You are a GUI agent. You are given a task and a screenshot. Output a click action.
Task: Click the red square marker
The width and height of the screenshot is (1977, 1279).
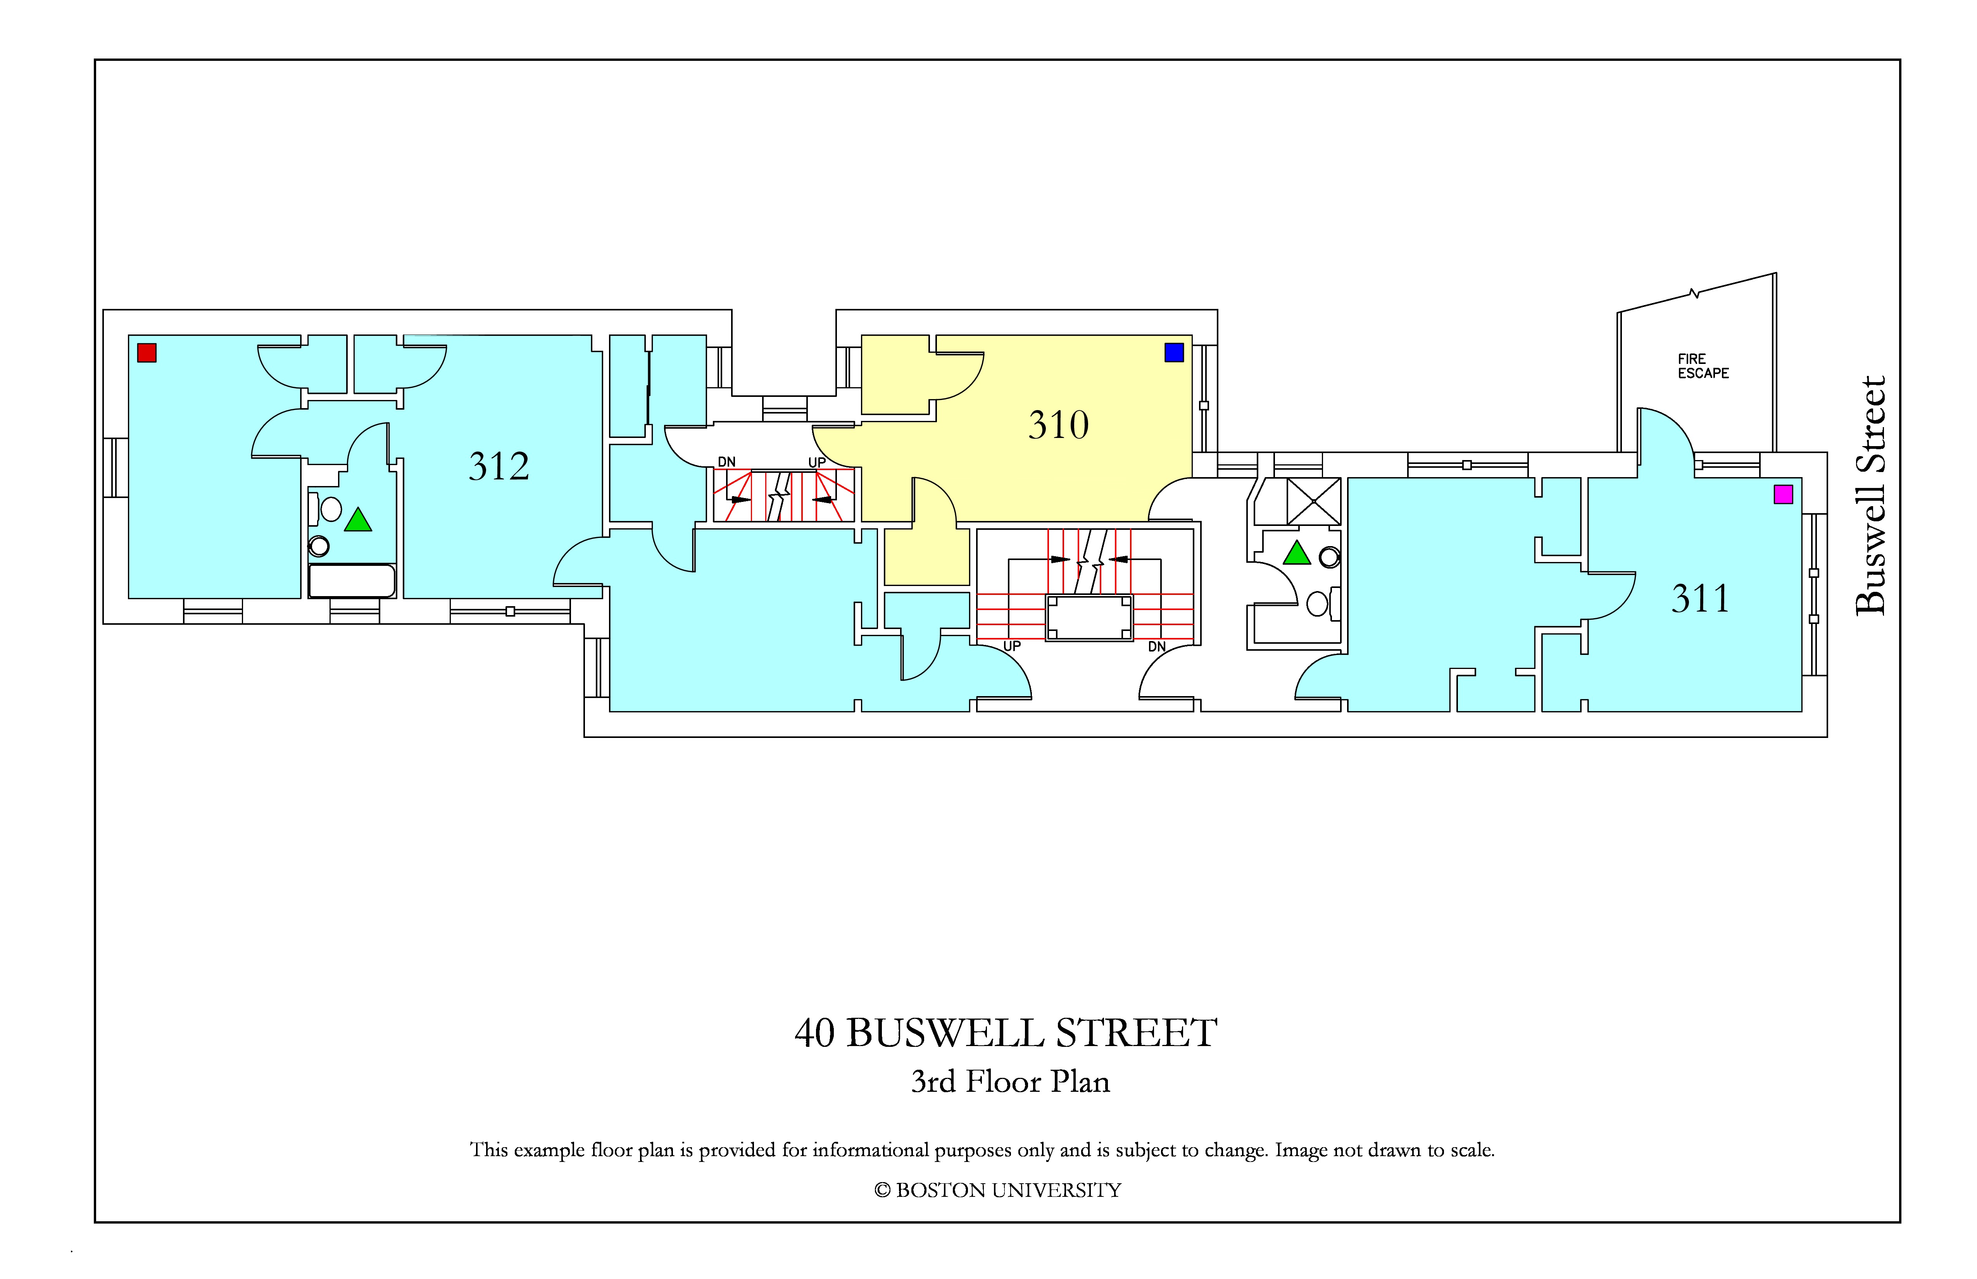click(147, 353)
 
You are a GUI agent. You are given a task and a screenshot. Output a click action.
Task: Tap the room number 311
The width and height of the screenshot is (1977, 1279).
click(1700, 599)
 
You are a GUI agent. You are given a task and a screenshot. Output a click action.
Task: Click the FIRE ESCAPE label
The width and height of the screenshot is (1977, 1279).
click(1703, 366)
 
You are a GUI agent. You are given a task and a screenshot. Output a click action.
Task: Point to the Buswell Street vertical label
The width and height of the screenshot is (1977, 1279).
click(1871, 496)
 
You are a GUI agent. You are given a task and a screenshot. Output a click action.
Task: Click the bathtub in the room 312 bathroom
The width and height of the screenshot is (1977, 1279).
click(351, 581)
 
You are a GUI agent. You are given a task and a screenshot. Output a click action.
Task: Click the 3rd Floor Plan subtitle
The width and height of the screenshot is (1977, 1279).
click(1010, 1081)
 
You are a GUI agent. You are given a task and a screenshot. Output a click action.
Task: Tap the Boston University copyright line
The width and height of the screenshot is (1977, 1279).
click(998, 1190)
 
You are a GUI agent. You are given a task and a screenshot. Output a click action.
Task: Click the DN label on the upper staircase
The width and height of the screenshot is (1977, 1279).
click(727, 462)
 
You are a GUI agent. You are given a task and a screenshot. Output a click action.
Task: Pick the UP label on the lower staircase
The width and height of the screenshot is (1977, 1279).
click(1012, 646)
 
